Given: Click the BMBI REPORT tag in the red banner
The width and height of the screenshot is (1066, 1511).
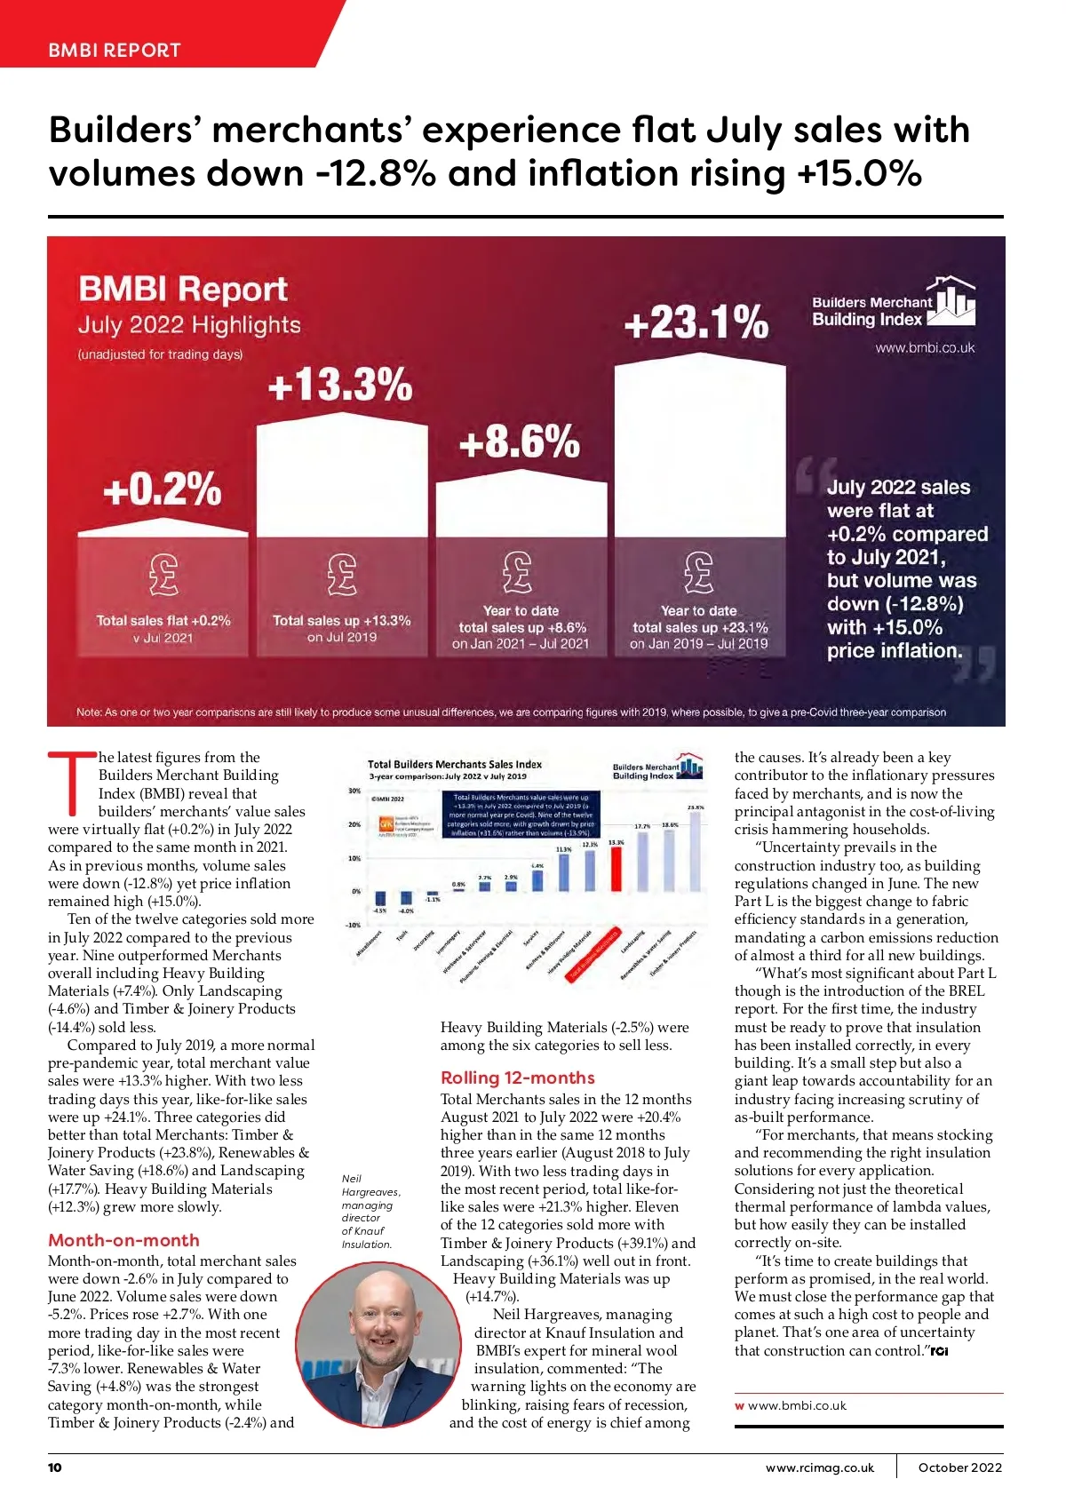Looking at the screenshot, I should tap(115, 50).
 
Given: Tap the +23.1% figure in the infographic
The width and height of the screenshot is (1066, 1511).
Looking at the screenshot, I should tap(696, 322).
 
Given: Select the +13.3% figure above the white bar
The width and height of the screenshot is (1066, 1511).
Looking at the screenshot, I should tap(340, 386).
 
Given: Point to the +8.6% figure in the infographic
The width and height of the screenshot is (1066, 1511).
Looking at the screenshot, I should tap(520, 441).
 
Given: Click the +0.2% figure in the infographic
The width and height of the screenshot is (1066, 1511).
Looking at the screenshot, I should tap(163, 489).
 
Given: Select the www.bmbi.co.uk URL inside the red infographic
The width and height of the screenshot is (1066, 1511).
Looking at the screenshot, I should tap(925, 348).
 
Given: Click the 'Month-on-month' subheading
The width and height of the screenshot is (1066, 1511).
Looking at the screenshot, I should tap(123, 1240).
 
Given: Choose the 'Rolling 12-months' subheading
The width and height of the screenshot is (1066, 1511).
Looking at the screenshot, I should tap(518, 1078).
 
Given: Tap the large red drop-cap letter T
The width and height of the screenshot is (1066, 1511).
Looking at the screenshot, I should tap(71, 783).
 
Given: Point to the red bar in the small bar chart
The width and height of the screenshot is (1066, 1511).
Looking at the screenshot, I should tap(616, 867).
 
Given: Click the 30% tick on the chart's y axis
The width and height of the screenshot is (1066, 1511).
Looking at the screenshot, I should tap(354, 791).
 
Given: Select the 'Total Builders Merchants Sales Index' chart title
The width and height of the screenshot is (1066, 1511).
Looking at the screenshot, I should tap(455, 764).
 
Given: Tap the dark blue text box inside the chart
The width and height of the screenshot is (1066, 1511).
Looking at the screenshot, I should tap(521, 815).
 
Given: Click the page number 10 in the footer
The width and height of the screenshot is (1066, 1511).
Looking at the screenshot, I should tap(55, 1467).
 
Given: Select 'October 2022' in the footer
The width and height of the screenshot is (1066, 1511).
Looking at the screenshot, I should tap(959, 1467).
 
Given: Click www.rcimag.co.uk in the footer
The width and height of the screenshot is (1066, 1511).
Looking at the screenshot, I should tap(820, 1467).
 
